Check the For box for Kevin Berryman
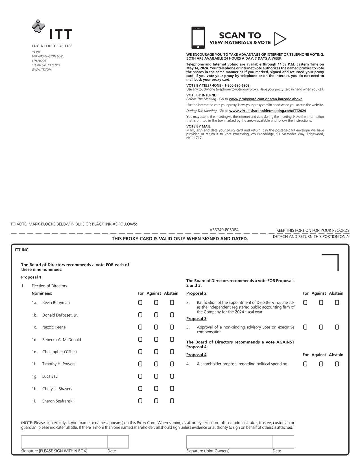tap(140, 302)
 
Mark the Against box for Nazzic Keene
tap(156, 327)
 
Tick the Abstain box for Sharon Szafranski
tap(172, 401)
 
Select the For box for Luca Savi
tap(140, 376)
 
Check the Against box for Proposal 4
tap(321, 364)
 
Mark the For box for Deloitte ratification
tap(305, 302)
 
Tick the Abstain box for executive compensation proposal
tap(337, 327)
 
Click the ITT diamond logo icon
tap(38, 26)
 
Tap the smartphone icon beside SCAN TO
tap(198, 38)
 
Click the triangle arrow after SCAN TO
tap(280, 39)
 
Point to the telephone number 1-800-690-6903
tap(237, 86)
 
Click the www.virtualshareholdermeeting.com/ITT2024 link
tap(267, 111)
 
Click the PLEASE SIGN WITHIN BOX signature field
tap(64, 442)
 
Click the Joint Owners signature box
tap(229, 442)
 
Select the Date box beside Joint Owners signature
tap(283, 442)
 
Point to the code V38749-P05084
tap(224, 230)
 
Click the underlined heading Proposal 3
tap(196, 319)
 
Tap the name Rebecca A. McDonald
tap(62, 340)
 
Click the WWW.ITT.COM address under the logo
tap(42, 70)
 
